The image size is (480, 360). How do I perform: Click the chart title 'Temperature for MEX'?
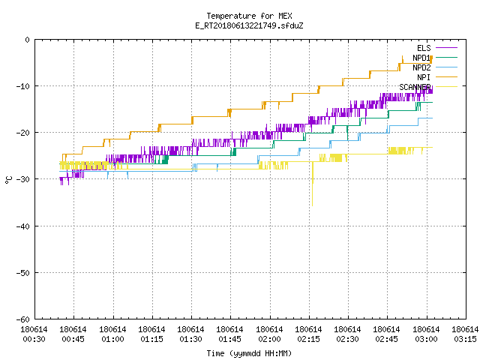coord(249,16)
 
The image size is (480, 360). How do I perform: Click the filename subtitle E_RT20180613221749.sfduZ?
coord(249,25)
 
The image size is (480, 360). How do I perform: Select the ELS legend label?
coord(424,48)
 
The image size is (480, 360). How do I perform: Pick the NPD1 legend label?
coord(421,58)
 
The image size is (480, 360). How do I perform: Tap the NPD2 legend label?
coord(421,67)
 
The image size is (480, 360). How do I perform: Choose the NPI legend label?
coord(424,77)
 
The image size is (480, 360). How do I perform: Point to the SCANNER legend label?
coord(415,87)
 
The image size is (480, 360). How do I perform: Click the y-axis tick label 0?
coord(28,40)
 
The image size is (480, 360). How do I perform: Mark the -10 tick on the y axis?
coord(23,86)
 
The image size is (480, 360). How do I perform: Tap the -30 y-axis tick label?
coord(23,179)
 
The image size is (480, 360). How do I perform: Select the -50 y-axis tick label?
coord(23,273)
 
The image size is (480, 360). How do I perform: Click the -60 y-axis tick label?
coord(23,319)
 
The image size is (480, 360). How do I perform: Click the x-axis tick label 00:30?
coord(34,339)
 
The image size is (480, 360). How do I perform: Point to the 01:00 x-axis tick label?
coord(112,339)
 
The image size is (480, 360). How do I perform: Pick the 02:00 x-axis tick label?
coord(269,339)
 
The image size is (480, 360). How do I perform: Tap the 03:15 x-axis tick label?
coord(465,339)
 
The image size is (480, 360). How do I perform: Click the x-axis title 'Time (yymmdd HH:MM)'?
coord(249,353)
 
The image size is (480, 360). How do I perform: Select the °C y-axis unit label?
coord(8,180)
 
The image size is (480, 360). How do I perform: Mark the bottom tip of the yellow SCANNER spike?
coord(312,206)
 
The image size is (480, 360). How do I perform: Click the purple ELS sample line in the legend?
coord(446,48)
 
